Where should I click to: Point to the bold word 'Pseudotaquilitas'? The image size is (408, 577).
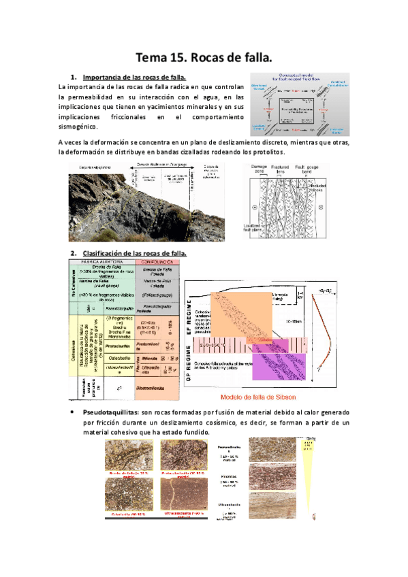tap(110, 413)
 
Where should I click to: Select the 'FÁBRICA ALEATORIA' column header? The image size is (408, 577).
tap(101, 261)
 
